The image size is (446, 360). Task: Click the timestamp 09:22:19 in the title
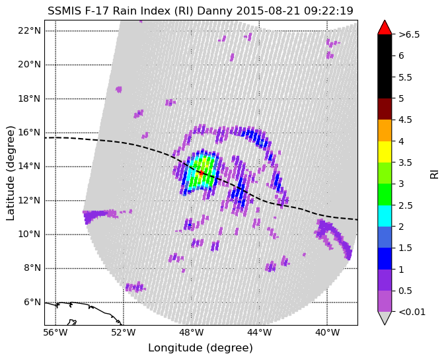click(x=328, y=11)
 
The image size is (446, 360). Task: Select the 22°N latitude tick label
click(x=30, y=30)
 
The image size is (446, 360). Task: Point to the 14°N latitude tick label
click(x=30, y=166)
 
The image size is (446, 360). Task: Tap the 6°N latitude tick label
click(x=32, y=302)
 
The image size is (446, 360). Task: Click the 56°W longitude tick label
click(x=56, y=332)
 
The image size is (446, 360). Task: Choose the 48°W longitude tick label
click(x=191, y=332)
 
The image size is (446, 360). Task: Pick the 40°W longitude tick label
click(x=327, y=332)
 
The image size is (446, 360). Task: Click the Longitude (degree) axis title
click(x=200, y=347)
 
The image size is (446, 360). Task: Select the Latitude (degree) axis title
click(x=10, y=173)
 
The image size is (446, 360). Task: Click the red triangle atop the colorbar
click(x=385, y=28)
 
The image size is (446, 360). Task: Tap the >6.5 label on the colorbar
click(x=409, y=34)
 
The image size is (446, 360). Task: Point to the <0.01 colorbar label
click(x=412, y=312)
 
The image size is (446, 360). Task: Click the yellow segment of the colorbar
click(x=385, y=152)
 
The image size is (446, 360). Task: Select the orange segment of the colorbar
click(x=385, y=131)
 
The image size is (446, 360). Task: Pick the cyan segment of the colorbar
click(x=385, y=216)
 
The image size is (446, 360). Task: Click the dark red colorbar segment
click(x=385, y=109)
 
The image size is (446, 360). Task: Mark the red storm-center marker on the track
click(x=201, y=172)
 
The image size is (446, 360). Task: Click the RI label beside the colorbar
click(x=434, y=174)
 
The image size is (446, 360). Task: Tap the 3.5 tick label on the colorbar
click(x=405, y=162)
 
